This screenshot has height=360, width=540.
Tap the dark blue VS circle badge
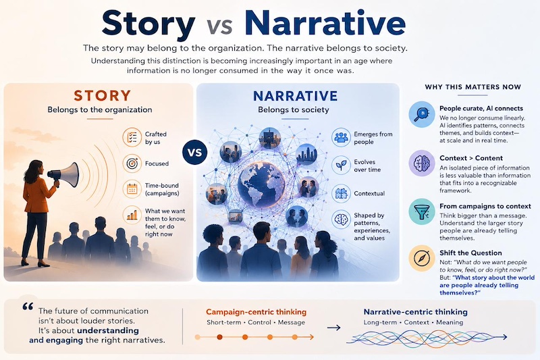click(195, 152)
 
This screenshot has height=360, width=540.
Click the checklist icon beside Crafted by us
click(132, 138)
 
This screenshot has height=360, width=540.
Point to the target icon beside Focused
click(132, 163)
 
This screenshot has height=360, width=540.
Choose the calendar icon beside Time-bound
click(132, 189)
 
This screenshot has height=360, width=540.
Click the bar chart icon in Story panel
click(132, 215)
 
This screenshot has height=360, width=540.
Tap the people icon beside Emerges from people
click(342, 138)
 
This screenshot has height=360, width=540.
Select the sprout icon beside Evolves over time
click(342, 165)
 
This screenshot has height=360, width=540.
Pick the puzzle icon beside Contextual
click(342, 193)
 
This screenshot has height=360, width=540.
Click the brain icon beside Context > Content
click(422, 163)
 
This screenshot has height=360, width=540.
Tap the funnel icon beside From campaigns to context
click(422, 211)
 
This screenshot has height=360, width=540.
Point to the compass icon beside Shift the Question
click(422, 258)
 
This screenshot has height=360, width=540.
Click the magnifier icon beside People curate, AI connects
click(422, 114)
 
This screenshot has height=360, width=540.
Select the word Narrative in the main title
click(325, 23)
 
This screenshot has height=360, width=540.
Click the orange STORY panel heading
click(103, 95)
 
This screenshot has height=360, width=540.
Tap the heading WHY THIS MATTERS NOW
click(473, 87)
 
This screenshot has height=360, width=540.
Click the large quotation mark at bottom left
click(28, 307)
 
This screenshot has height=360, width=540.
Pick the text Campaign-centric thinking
click(256, 312)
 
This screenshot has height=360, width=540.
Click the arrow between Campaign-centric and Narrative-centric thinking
click(333, 328)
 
